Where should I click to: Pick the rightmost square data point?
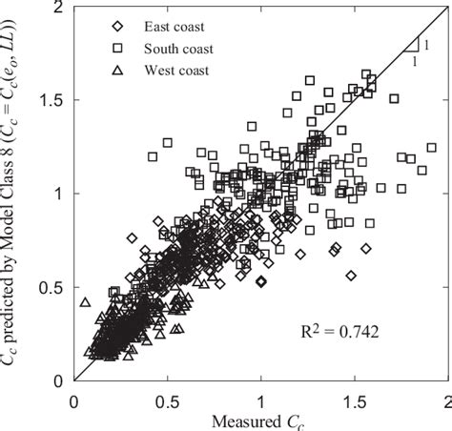[x=431, y=148]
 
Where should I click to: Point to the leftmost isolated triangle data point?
[x=85, y=302]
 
